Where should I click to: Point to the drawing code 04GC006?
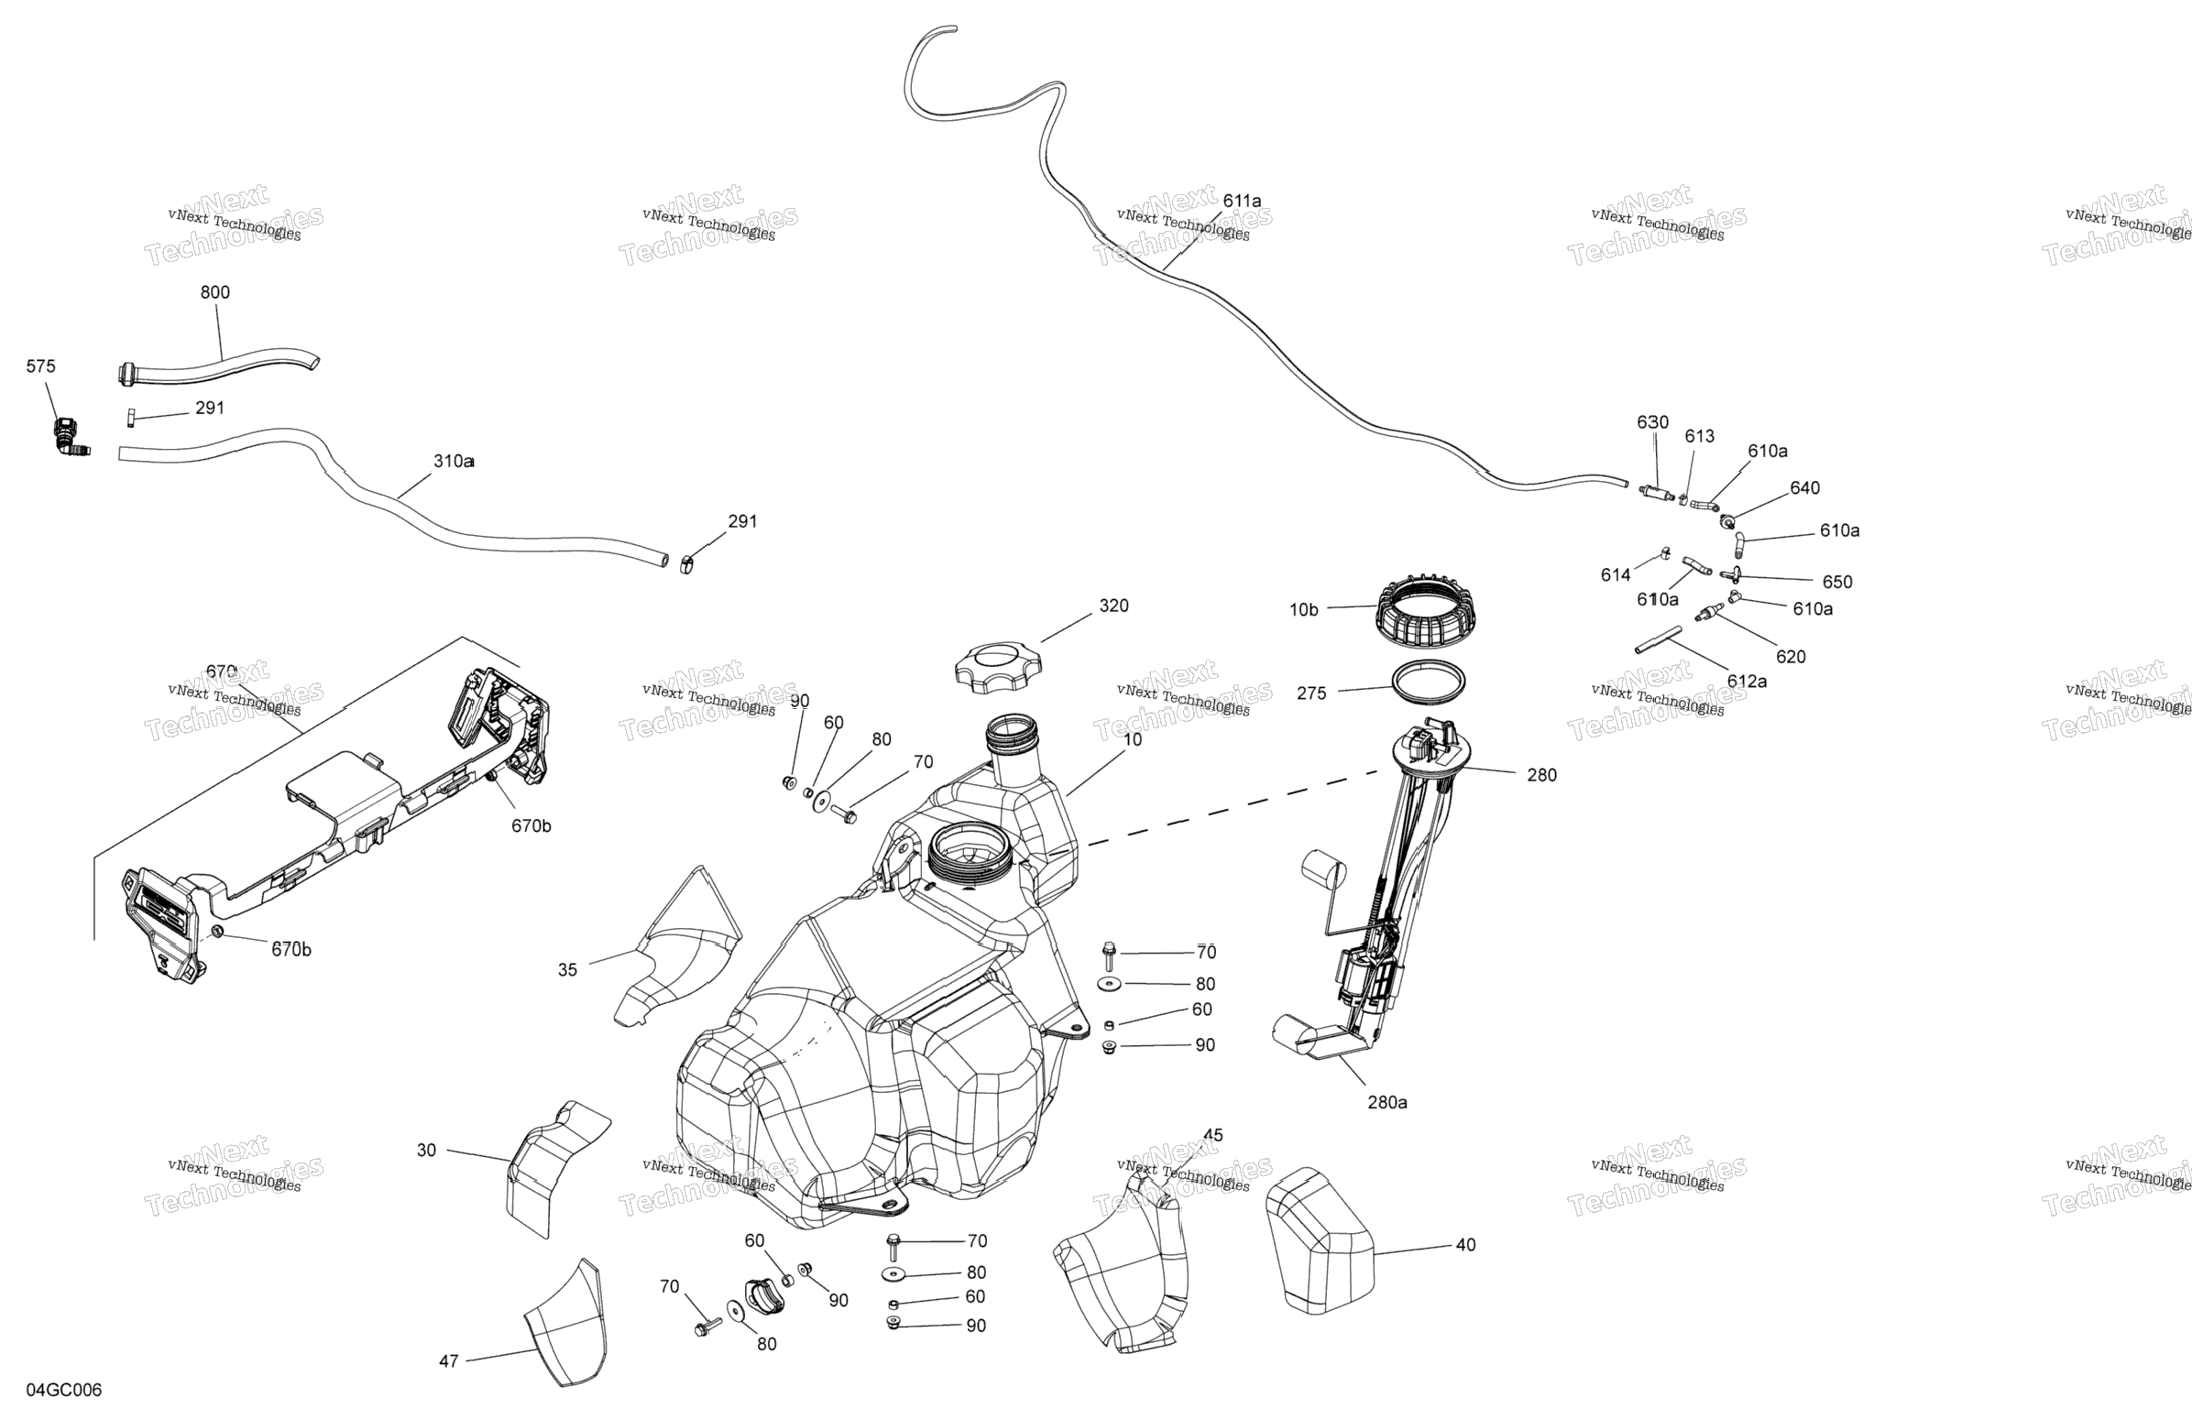[x=63, y=1390]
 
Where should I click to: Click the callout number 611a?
[x=1242, y=201]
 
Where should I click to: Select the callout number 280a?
[x=1387, y=1102]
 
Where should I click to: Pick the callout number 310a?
[x=453, y=462]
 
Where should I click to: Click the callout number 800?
[x=214, y=293]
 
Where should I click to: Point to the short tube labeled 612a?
[x=1658, y=639]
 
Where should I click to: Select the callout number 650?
[x=1836, y=582]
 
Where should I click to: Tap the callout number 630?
[x=1652, y=422]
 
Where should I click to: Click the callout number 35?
[x=567, y=969]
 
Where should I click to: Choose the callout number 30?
[x=426, y=1150]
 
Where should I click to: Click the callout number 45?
[x=1213, y=1135]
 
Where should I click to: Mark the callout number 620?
[x=1791, y=657]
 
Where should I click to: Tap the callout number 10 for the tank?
[x=1133, y=739]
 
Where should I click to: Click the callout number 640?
[x=1804, y=488]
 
